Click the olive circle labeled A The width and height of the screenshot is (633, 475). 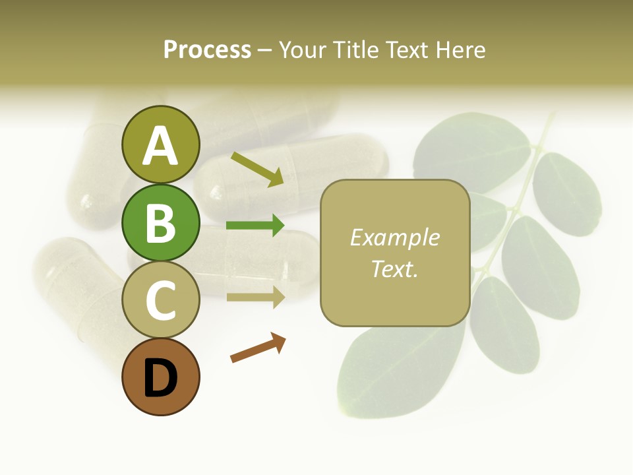pyautogui.click(x=160, y=144)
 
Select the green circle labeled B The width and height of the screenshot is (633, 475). pyautogui.click(x=160, y=222)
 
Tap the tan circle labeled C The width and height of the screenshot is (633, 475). pyautogui.click(x=160, y=300)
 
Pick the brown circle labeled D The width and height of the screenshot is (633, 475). pyautogui.click(x=160, y=377)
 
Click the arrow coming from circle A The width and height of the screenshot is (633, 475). pyautogui.click(x=257, y=169)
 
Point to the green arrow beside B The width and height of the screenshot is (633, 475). pyautogui.click(x=255, y=226)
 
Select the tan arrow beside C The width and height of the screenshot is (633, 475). pyautogui.click(x=256, y=297)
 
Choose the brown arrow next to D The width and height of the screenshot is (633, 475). pyautogui.click(x=258, y=348)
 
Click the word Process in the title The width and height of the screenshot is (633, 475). pyautogui.click(x=207, y=50)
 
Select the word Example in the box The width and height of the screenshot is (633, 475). pyautogui.click(x=394, y=237)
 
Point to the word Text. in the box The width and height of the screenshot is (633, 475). pyautogui.click(x=394, y=269)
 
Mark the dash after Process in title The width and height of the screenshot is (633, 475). pyautogui.click(x=265, y=50)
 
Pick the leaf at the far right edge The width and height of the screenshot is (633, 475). pyautogui.click(x=567, y=195)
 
